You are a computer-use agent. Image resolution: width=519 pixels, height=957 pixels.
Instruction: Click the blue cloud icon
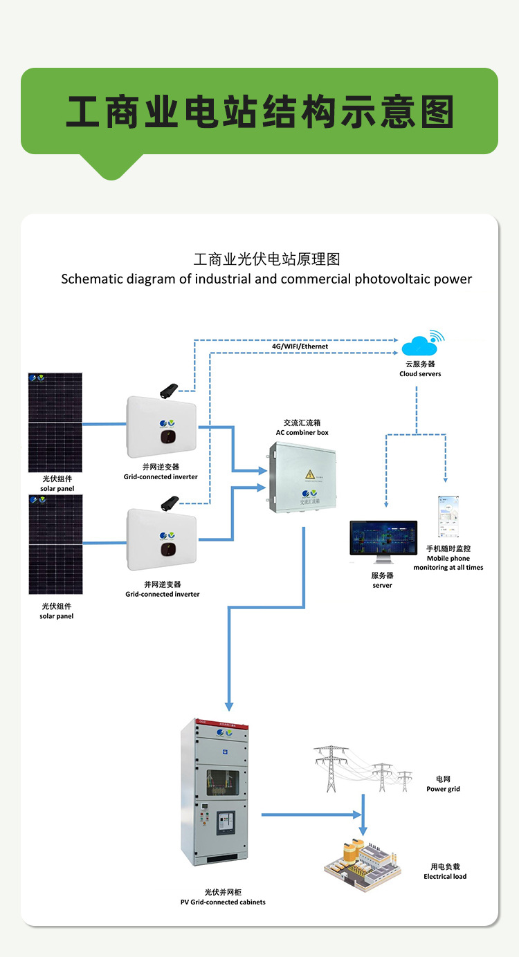[421, 345]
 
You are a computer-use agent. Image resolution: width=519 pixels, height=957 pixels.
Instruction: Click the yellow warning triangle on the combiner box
[309, 474]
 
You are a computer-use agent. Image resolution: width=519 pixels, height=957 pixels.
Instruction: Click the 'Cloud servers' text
[420, 374]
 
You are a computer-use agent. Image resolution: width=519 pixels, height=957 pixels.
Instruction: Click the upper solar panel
[55, 422]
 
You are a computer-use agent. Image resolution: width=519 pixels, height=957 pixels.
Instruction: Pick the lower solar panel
[55, 545]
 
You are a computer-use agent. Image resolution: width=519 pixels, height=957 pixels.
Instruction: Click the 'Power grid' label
[443, 789]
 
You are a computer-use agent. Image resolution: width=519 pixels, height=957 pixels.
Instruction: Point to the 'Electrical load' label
[445, 876]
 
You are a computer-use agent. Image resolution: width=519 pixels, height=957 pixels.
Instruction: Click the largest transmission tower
[331, 768]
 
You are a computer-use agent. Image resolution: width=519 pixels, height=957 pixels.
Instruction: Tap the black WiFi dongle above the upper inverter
[170, 391]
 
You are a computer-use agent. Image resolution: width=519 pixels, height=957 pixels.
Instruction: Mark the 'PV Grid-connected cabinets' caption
[218, 902]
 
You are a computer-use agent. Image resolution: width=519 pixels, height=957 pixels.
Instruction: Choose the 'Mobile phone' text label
[448, 558]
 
